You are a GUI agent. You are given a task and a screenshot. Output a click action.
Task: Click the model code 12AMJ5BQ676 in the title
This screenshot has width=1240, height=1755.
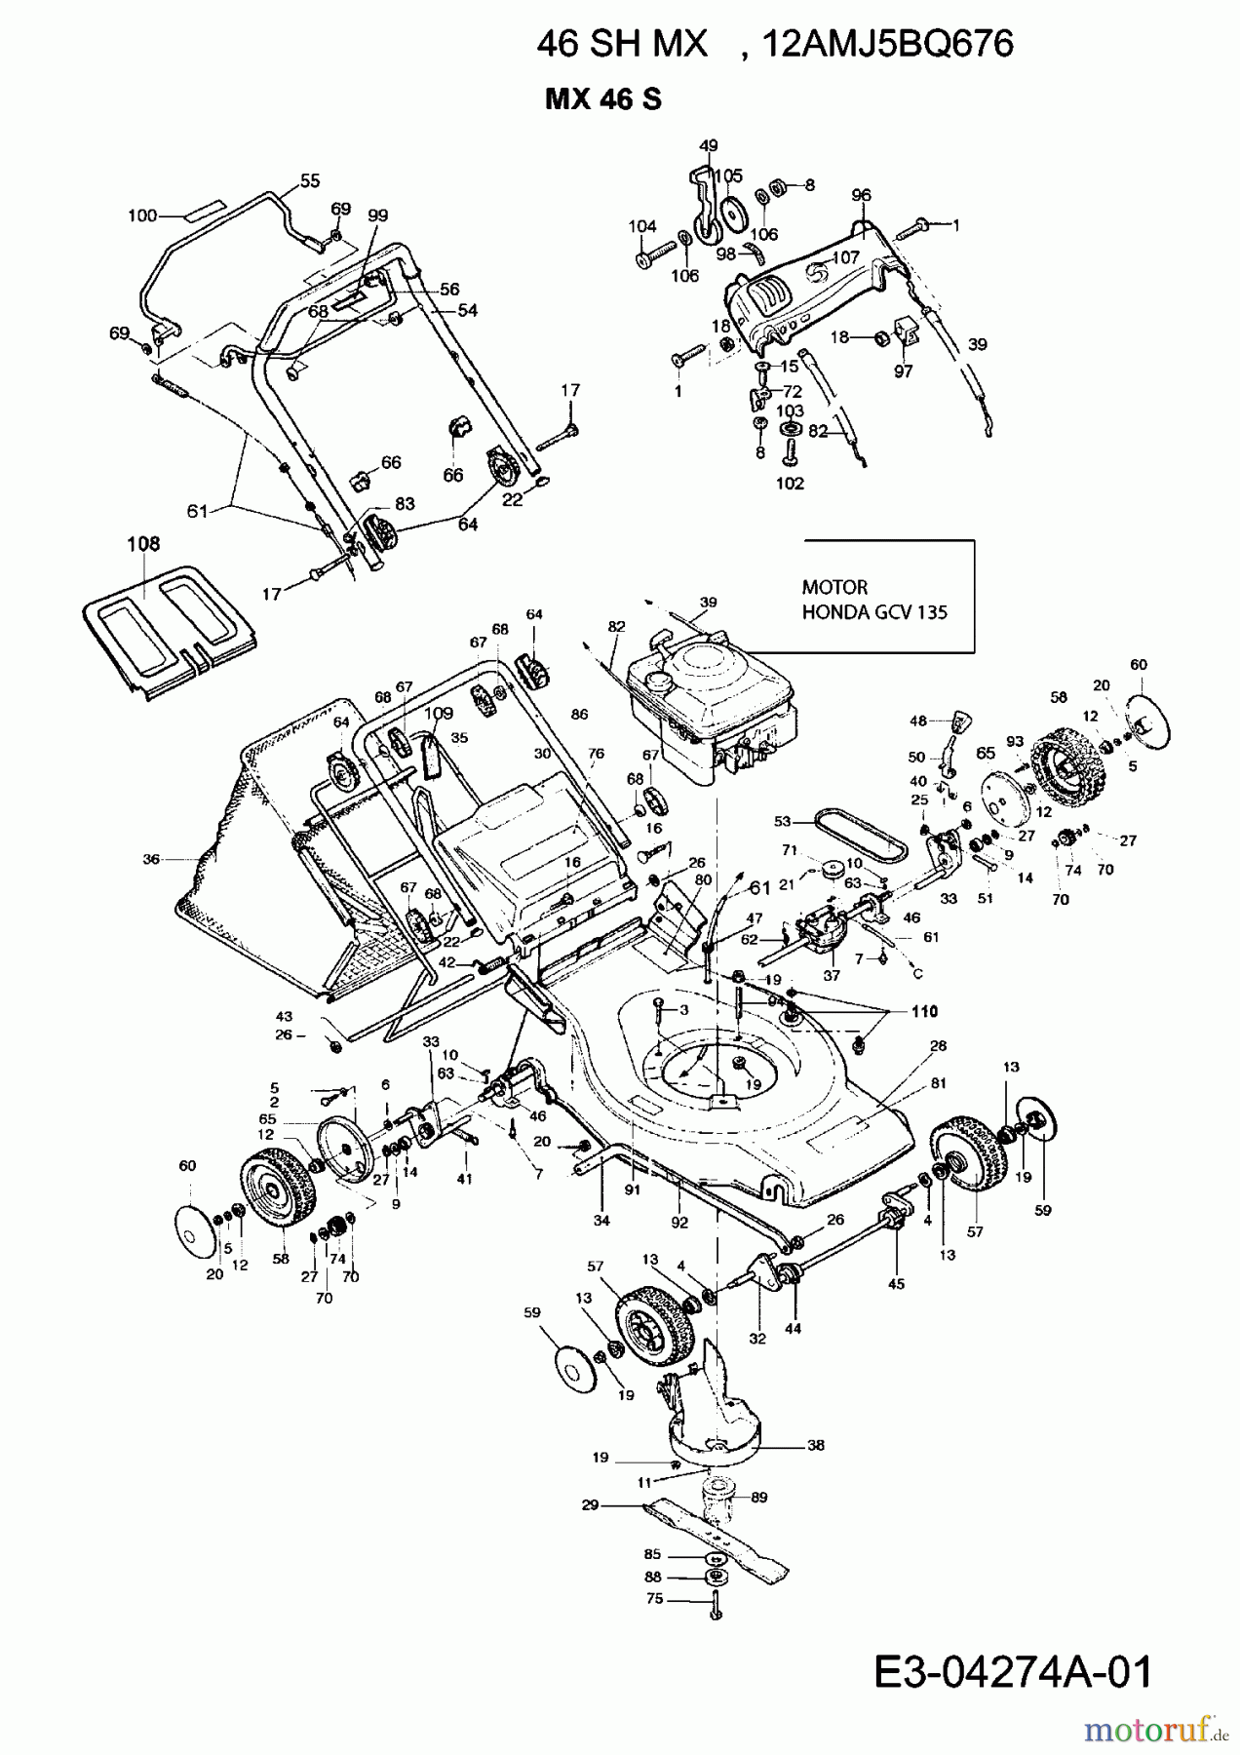tap(889, 44)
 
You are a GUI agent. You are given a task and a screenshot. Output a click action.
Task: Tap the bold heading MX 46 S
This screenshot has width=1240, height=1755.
tap(603, 99)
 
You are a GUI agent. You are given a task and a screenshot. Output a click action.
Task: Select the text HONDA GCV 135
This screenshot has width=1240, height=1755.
tap(873, 612)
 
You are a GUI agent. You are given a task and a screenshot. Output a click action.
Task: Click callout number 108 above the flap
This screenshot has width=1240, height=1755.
tap(142, 544)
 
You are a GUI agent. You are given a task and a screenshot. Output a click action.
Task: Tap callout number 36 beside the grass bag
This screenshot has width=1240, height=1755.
tap(151, 860)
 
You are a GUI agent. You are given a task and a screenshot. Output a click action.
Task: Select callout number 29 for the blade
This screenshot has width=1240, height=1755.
tap(589, 1505)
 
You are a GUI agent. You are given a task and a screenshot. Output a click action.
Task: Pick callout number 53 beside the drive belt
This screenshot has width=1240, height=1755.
tap(782, 822)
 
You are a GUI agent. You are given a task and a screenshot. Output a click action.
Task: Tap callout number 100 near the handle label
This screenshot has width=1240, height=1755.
tap(142, 215)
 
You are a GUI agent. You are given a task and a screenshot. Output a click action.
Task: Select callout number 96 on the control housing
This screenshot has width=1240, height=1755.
tap(861, 195)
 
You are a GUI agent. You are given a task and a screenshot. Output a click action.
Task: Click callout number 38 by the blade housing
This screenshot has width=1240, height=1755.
tap(816, 1445)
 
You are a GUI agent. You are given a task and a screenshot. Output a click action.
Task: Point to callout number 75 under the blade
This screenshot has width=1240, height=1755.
tap(654, 1599)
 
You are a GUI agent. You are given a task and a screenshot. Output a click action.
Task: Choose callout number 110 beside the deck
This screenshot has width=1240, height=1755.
tap(923, 1011)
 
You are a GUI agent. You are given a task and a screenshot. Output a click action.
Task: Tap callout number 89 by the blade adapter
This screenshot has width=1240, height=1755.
tap(759, 1498)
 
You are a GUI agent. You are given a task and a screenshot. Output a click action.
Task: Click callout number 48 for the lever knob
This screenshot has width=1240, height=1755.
tap(917, 721)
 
